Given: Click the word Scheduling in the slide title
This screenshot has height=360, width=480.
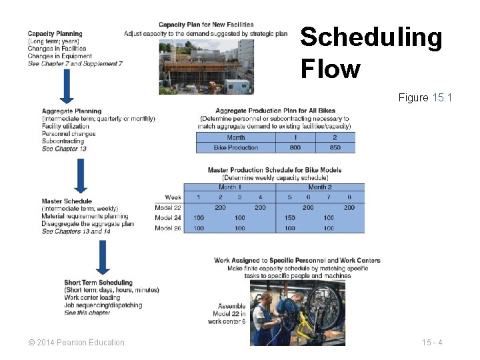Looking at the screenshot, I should pos(371,38).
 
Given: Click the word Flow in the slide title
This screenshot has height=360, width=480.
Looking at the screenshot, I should pos(330,69).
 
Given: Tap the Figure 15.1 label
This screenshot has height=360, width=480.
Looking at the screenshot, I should pos(425,98).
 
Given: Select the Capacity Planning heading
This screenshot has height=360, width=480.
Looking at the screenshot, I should pos(55,33).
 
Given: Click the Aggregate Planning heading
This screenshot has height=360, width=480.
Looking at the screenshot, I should pos(71,111).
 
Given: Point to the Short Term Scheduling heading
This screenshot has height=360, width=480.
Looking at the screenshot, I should pos(98,283).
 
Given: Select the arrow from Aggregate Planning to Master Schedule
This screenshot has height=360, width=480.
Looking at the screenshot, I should pos(80,174).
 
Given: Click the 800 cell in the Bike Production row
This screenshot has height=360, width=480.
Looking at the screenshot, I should pos(295,147).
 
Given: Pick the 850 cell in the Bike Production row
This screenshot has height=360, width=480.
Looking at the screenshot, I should pos(335,147).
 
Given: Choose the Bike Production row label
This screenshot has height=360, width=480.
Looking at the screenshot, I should pos(235,147).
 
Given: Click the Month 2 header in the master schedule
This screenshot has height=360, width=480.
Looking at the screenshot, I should pos(319,187).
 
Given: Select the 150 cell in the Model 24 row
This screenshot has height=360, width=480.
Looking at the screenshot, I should pos(289,218).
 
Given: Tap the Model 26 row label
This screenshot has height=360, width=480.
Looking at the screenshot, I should pos(168,228).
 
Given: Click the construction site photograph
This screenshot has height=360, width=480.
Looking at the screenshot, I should pos(206,66).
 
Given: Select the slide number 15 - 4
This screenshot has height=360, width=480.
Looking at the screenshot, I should pos(432,343).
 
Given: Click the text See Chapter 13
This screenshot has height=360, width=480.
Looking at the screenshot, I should pos(64,149).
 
